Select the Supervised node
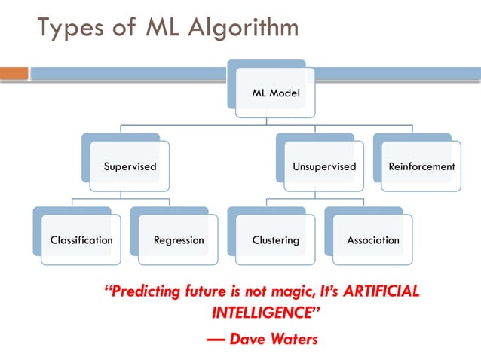(130, 166)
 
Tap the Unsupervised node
(323, 166)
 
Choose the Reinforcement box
(421, 166)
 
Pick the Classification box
(81, 240)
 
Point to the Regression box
(179, 240)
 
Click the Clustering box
(275, 240)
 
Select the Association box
(373, 240)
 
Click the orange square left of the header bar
(14, 73)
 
